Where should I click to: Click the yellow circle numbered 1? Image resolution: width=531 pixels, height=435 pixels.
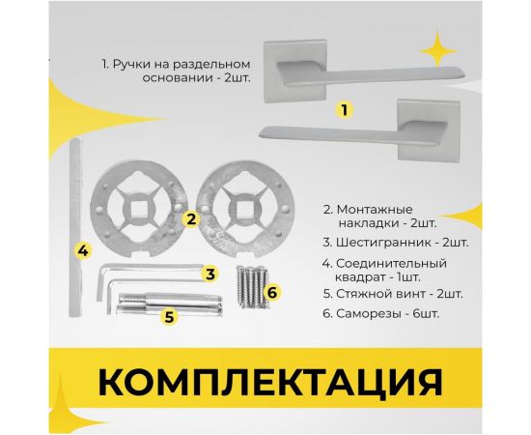[x=341, y=110]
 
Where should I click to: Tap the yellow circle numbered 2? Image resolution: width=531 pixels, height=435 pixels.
[x=192, y=218]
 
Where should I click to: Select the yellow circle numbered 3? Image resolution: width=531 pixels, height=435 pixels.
[x=210, y=274]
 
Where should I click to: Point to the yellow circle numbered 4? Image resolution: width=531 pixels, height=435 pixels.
[x=84, y=250]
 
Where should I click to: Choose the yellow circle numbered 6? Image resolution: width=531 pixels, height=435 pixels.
[x=272, y=291]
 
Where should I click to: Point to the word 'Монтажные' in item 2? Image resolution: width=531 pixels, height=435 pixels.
[x=376, y=209]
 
